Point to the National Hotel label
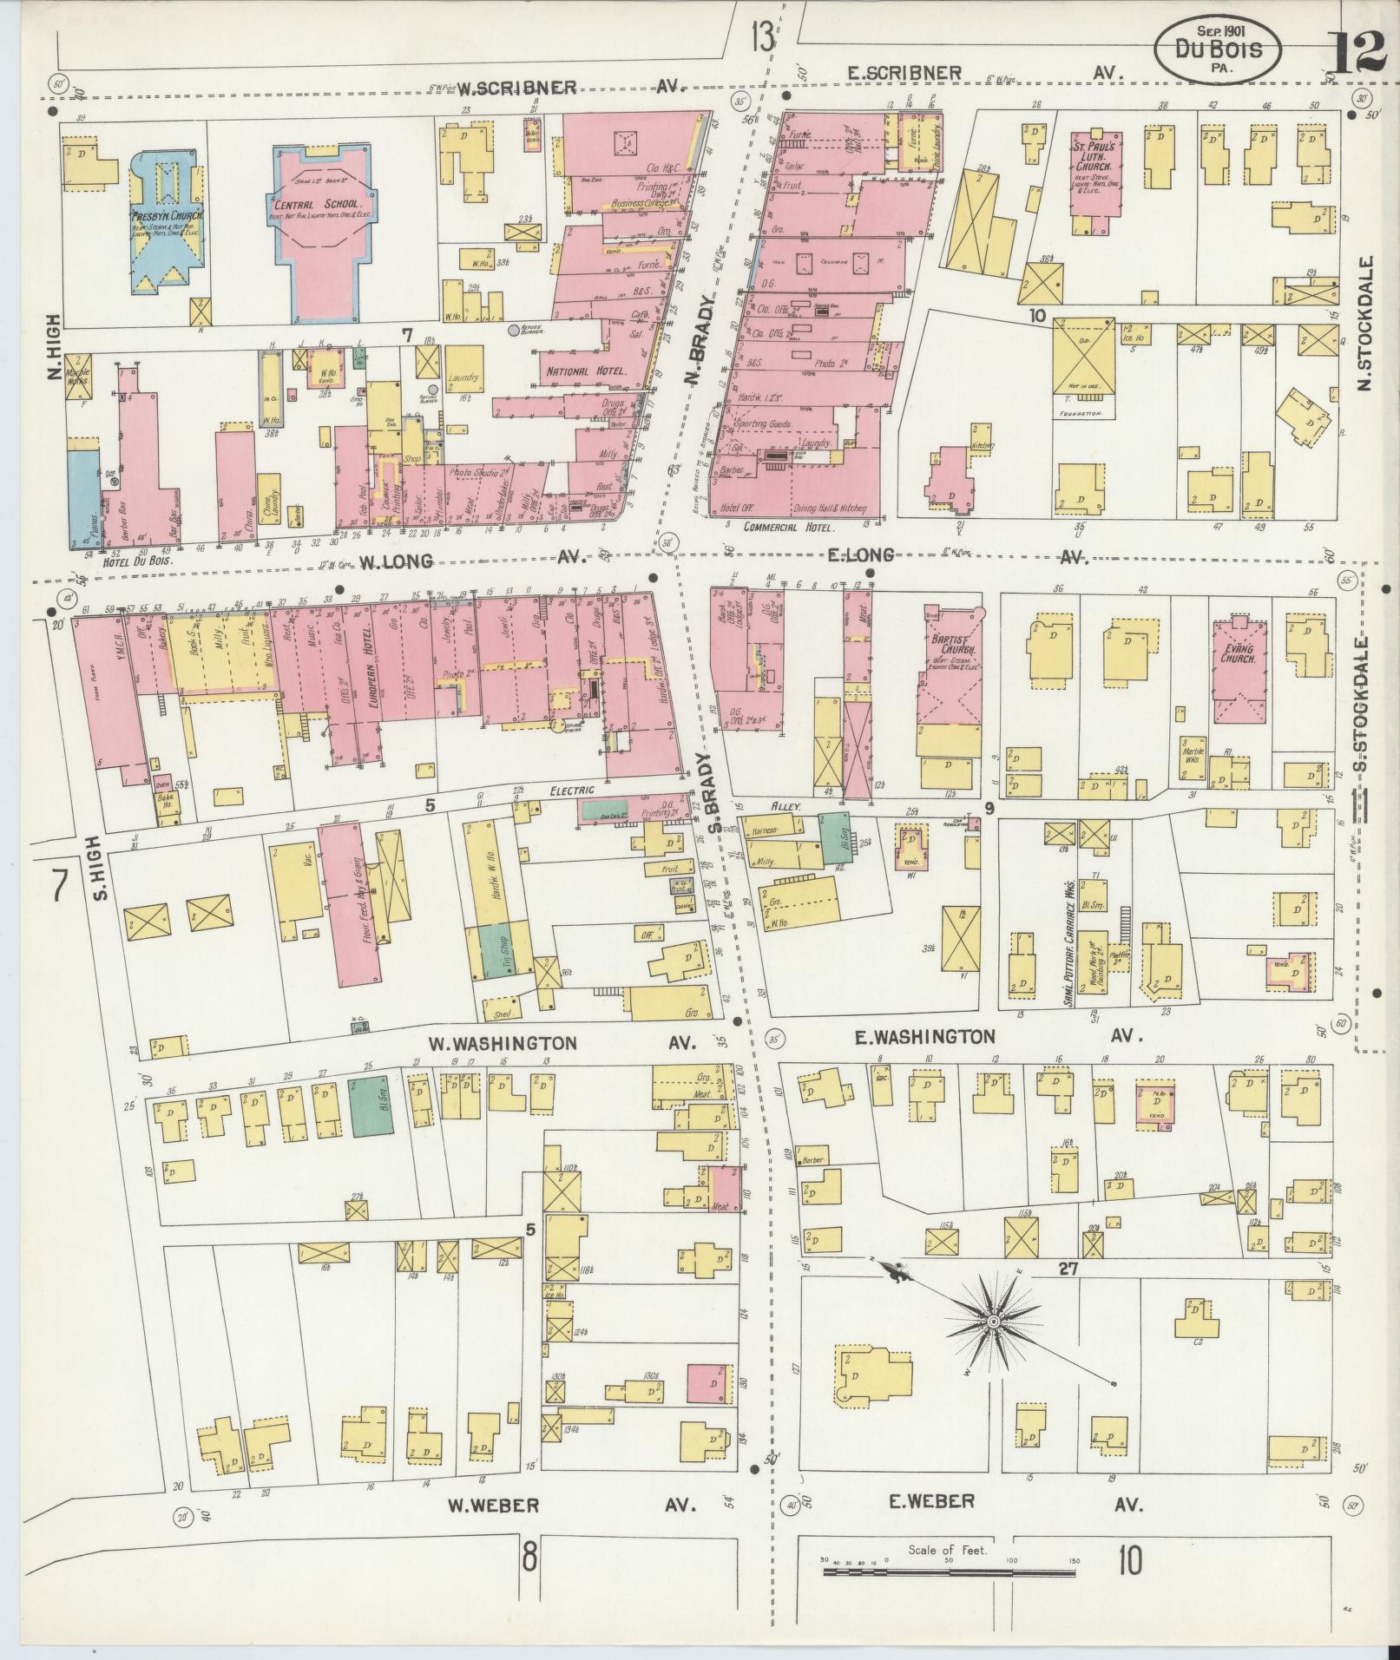pyautogui.click(x=586, y=371)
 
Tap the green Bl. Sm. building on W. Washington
pyautogui.click(x=371, y=1104)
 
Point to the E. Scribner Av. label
pyautogui.click(x=905, y=73)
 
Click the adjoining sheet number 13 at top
pyautogui.click(x=763, y=37)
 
